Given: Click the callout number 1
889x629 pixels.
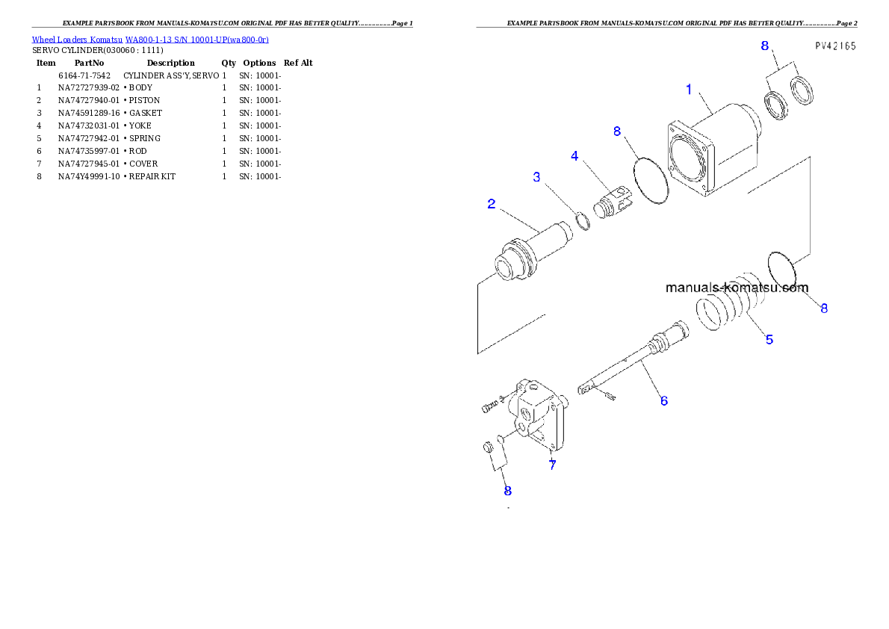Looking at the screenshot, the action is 689,90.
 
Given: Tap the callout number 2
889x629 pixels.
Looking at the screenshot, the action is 492,203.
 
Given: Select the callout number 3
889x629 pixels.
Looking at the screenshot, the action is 536,177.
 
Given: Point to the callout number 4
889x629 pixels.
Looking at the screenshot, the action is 574,156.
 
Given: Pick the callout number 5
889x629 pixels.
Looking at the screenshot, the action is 769,339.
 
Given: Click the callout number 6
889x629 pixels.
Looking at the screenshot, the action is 663,400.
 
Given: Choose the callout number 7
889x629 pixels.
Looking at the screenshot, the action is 552,465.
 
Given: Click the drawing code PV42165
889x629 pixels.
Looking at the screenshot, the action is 834,46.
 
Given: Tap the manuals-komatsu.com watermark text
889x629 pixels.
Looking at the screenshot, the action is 736,288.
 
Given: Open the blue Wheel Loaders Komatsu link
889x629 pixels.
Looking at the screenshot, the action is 149,40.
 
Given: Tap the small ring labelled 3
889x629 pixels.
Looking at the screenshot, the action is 583,221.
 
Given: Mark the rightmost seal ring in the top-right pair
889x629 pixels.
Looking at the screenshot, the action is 802,91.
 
